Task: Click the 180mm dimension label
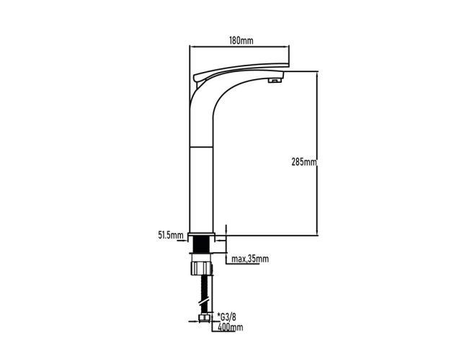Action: (241, 41)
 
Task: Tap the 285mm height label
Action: (304, 162)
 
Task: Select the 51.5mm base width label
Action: (171, 235)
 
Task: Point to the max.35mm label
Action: (250, 258)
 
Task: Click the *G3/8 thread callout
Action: (226, 317)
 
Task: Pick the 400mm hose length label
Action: (230, 328)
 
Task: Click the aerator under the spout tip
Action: (275, 80)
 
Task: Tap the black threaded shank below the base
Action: (202, 244)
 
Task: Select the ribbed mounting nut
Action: (202, 268)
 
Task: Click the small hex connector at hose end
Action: (205, 318)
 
